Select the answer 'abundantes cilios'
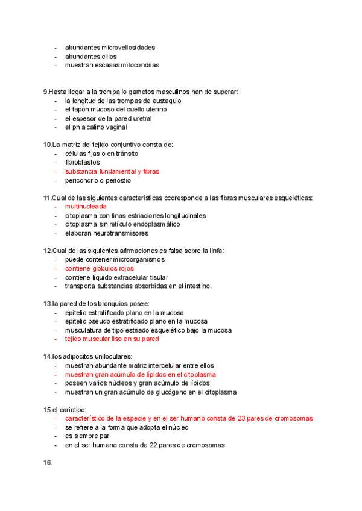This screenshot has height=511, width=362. pyautogui.click(x=91, y=56)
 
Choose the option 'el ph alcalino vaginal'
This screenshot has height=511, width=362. pyautogui.click(x=96, y=127)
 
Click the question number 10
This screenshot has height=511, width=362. pyautogui.click(x=47, y=145)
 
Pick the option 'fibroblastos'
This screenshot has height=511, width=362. pyautogui.click(x=83, y=162)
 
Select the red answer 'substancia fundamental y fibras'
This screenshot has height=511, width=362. pyautogui.click(x=112, y=171)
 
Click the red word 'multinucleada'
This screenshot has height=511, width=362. pyautogui.click(x=86, y=206)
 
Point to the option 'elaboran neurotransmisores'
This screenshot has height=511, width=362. pyautogui.click(x=106, y=233)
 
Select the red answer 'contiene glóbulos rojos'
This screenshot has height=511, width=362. pyautogui.click(x=99, y=268)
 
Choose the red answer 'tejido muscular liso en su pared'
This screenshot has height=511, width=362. pyautogui.click(x=112, y=339)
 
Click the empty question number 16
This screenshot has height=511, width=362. pyautogui.click(x=48, y=463)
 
